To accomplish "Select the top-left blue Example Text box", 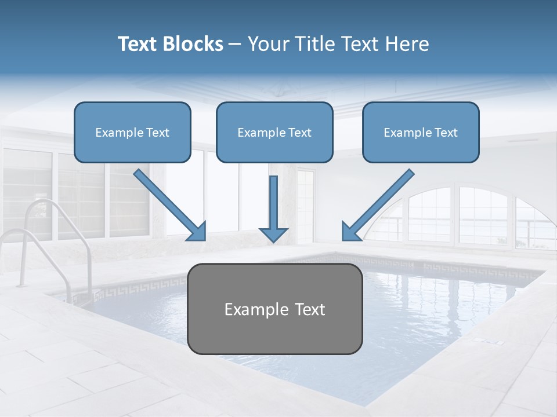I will point(132,132).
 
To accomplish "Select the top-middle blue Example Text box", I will point(274,132).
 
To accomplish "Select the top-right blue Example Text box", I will point(421,132).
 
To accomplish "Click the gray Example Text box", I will point(274,309).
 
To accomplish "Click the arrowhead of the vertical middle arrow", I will point(273,234).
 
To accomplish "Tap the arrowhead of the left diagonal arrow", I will point(197,232).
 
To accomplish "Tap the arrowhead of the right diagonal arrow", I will point(350,232).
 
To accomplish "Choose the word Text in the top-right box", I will point(446,133).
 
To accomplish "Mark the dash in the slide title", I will point(235,45).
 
